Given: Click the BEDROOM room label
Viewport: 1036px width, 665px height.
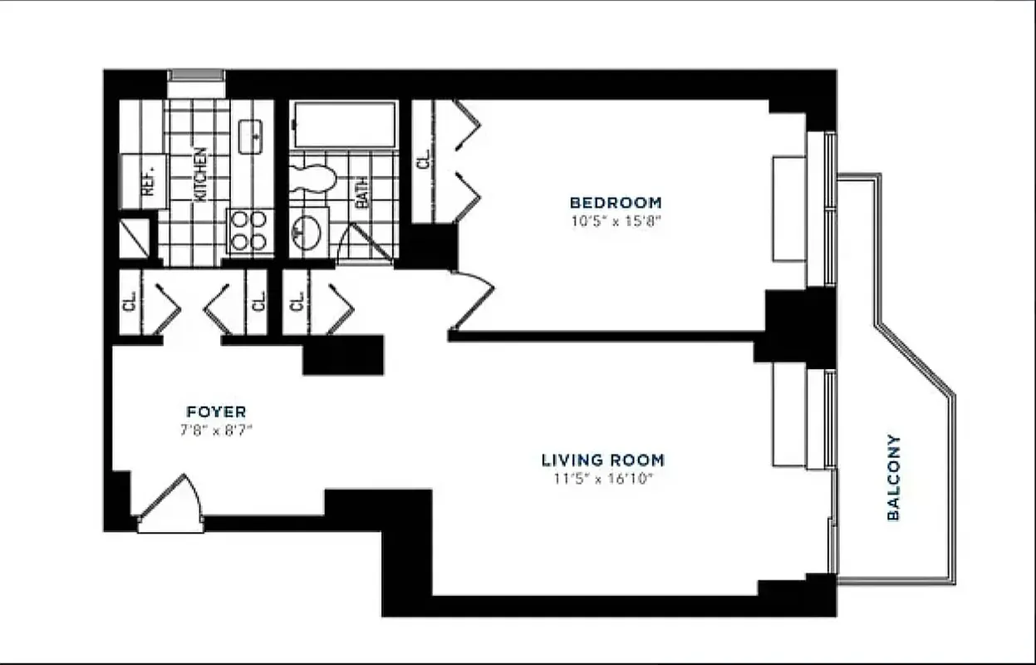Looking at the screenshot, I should tap(615, 202).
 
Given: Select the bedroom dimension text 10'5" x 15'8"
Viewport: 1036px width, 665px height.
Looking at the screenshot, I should tap(615, 220).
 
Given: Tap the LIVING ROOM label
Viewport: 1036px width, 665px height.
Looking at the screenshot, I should tap(602, 460).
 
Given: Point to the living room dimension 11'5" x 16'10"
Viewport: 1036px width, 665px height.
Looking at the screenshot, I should tap(602, 478).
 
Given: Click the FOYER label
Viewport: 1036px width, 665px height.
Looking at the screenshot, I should tap(216, 411).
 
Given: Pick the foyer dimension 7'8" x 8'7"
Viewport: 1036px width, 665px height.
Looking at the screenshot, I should tap(216, 430).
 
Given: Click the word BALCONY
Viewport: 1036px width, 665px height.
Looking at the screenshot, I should tap(894, 477).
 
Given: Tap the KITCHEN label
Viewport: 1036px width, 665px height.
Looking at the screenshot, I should tap(200, 175).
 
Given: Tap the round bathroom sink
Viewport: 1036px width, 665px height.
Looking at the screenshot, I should tap(309, 231).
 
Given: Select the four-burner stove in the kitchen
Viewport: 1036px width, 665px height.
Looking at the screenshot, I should tap(248, 231).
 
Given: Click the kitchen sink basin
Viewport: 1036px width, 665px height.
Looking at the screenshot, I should tap(251, 135).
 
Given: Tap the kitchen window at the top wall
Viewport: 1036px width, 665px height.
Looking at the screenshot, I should tap(197, 76).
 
